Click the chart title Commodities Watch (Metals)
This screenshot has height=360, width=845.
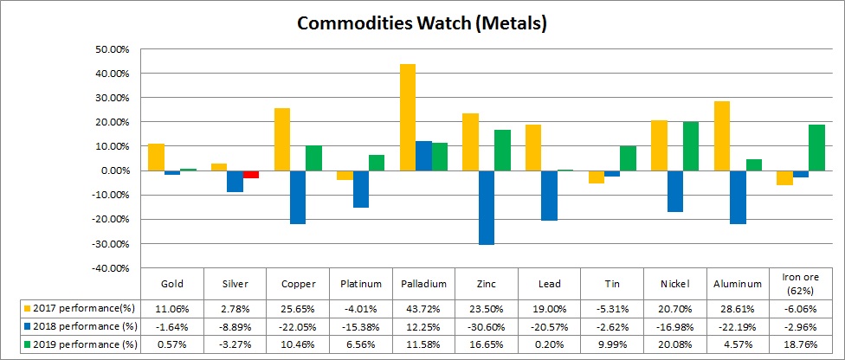pos(422,23)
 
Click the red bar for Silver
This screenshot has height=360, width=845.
pos(251,174)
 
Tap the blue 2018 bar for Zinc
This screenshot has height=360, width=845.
pos(487,208)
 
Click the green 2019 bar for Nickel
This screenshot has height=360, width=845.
pos(690,146)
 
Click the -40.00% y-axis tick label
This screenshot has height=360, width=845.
pos(108,268)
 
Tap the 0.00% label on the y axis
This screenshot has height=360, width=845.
pos(113,170)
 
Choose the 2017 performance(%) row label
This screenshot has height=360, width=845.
pos(83,307)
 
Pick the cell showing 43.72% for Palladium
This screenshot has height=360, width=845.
pos(422,307)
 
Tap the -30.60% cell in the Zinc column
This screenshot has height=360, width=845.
pos(486,325)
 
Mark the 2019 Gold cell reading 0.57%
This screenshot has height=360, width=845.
pos(171,344)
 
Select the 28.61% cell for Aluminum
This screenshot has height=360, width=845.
pos(737,307)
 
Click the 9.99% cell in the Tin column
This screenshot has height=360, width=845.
pos(611,344)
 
